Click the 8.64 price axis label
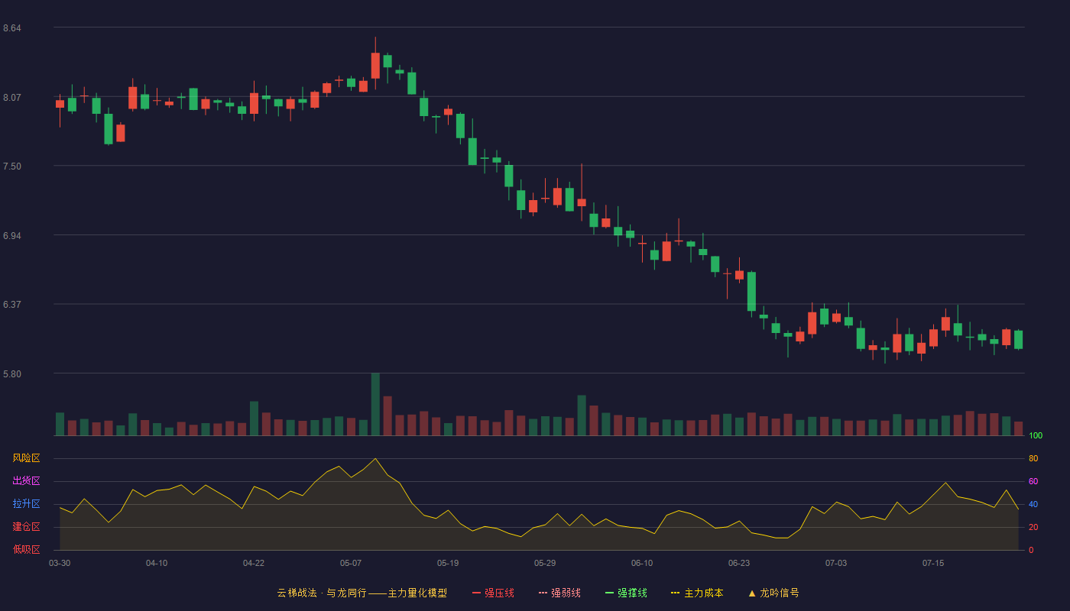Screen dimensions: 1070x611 12,28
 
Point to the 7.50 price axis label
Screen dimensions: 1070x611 12,166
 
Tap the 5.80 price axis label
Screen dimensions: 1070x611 12,373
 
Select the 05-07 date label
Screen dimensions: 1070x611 351,564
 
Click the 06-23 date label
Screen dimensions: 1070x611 739,564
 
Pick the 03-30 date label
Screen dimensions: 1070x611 60,564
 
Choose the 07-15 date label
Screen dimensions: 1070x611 933,564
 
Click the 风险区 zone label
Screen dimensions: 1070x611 26,458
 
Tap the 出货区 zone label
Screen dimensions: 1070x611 26,480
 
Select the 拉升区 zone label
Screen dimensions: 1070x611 26,503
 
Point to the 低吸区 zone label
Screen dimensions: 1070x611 26,549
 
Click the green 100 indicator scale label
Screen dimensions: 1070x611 1036,435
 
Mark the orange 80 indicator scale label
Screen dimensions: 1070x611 1033,458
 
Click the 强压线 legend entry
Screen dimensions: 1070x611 493,593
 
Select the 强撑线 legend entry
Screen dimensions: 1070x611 626,593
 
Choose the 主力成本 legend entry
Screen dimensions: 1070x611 697,593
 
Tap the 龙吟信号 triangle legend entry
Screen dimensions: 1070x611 773,593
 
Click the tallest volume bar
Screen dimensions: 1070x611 375,404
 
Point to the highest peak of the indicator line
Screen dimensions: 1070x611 375,459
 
